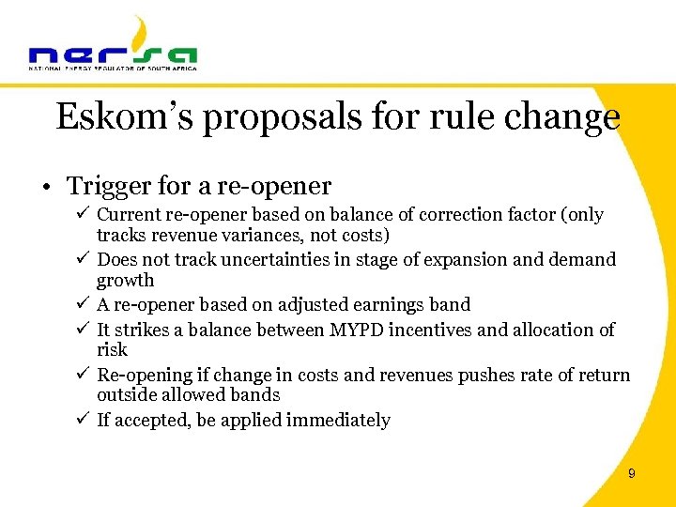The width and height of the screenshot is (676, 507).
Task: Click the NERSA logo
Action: (113, 46)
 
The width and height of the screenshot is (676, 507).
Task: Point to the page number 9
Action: (631, 474)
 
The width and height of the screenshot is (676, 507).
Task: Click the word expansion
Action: (467, 259)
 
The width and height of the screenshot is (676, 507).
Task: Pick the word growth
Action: (126, 280)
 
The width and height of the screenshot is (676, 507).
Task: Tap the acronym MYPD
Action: (356, 330)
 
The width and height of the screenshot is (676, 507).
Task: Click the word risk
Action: (112, 349)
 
